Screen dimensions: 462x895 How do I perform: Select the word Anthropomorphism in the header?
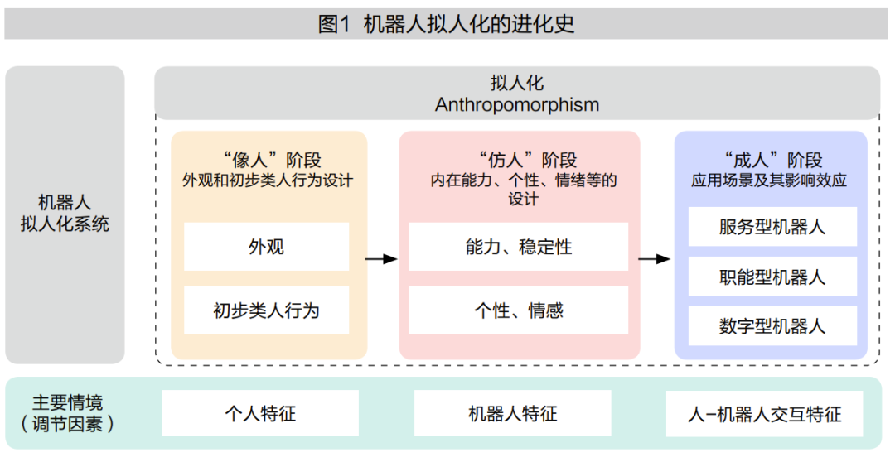pyautogui.click(x=517, y=105)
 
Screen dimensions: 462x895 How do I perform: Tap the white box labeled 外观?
pyautogui.click(x=266, y=247)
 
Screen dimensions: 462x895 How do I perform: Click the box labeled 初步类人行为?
pyautogui.click(x=266, y=310)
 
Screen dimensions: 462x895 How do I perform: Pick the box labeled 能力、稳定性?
pyautogui.click(x=519, y=247)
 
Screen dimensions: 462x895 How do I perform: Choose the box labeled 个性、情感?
pyautogui.click(x=519, y=310)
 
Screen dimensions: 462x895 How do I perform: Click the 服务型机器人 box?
pyautogui.click(x=772, y=227)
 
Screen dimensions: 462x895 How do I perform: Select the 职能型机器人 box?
pyautogui.click(x=772, y=277)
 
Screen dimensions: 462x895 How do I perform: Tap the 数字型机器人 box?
pyautogui.click(x=772, y=326)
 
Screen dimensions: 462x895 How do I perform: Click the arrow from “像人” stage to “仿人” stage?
pyautogui.click(x=381, y=259)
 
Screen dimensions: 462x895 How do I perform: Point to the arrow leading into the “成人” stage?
pyautogui.click(x=655, y=259)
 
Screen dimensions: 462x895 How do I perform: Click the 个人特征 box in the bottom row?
pyautogui.click(x=260, y=413)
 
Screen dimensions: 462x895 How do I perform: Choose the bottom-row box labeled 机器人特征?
pyautogui.click(x=512, y=413)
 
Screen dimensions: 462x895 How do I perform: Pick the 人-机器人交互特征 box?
pyautogui.click(x=764, y=413)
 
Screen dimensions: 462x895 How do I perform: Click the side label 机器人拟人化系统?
pyautogui.click(x=65, y=214)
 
